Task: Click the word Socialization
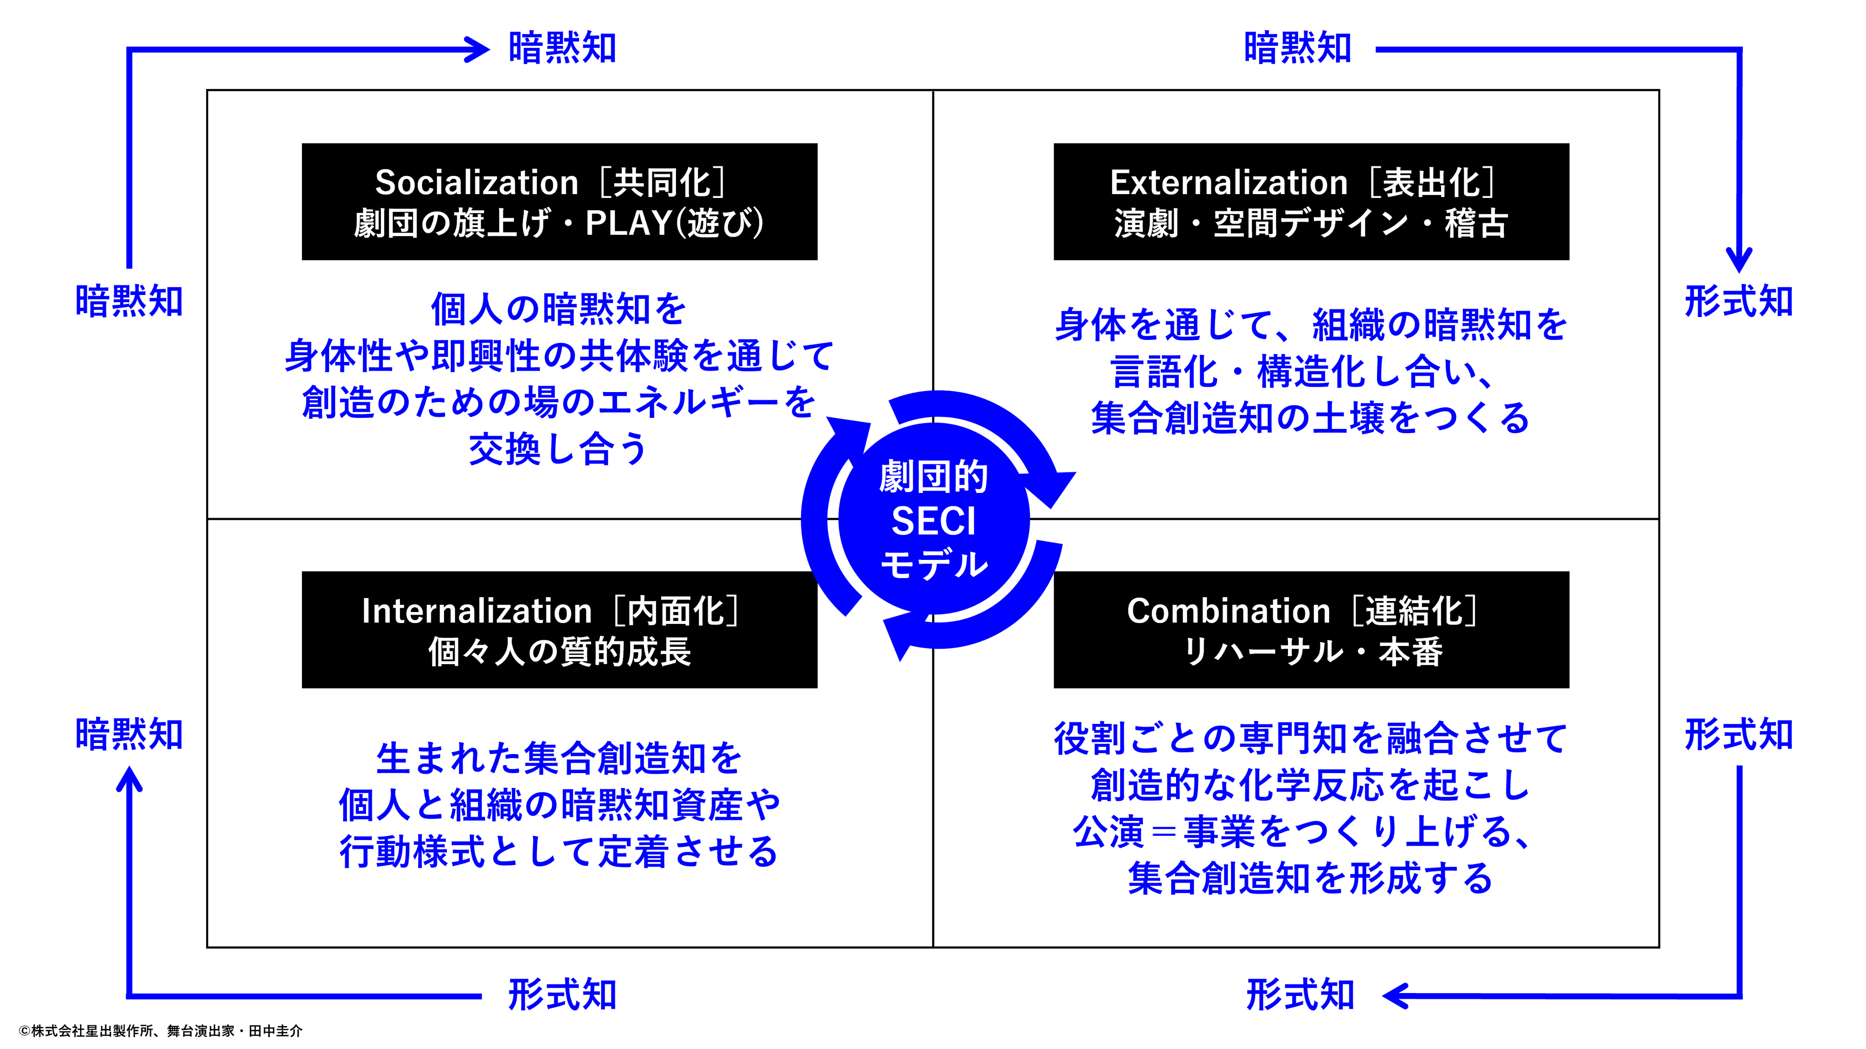point(476,183)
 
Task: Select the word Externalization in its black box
point(1228,183)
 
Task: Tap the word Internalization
point(476,611)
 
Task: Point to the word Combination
point(1228,611)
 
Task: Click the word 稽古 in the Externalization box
point(1476,223)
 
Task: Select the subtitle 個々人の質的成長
point(559,652)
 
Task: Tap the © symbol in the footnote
point(24,1031)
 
